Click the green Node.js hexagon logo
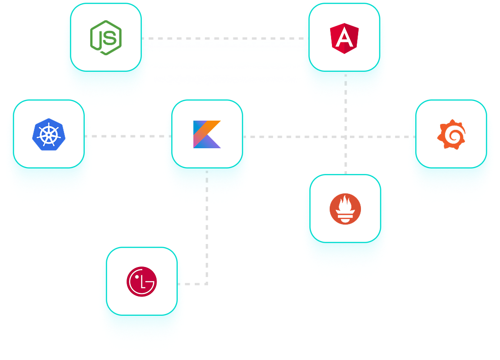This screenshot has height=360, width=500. coord(106,38)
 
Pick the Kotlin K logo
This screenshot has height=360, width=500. coord(207,134)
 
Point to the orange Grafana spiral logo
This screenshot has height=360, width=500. coord(451,134)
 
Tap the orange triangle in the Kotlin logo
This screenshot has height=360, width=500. coord(213,127)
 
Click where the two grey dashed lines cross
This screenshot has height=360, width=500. coord(346,137)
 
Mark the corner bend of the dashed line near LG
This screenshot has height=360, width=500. coord(207,284)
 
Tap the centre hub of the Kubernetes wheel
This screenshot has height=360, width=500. coord(49,134)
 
